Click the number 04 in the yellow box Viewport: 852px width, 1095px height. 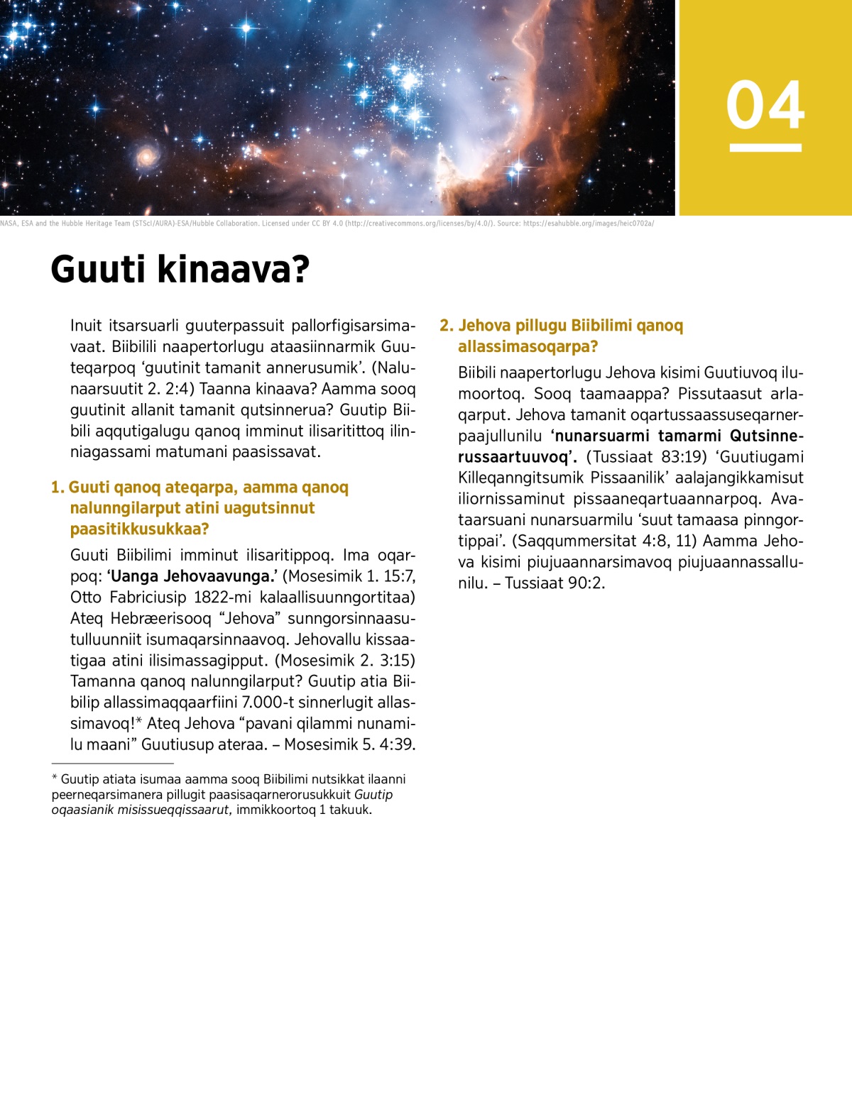[765, 105]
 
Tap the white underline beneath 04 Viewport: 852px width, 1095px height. [765, 148]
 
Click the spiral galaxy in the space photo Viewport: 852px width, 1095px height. [146, 155]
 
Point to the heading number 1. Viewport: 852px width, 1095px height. [57, 488]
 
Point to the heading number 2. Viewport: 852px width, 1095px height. [446, 326]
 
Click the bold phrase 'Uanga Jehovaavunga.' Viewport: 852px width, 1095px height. [192, 576]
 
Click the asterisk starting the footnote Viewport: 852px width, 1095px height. [55, 779]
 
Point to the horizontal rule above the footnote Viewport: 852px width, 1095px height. [102, 764]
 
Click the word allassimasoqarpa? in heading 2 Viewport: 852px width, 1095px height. [528, 347]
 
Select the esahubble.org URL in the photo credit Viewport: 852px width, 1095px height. [589, 224]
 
